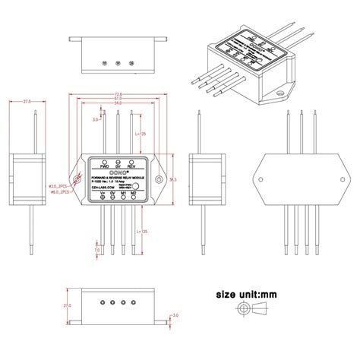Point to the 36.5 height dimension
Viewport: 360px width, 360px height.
(x=172, y=179)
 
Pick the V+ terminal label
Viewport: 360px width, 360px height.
(x=102, y=194)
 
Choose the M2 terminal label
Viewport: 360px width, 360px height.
(x=134, y=194)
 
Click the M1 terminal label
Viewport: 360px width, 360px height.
(x=123, y=194)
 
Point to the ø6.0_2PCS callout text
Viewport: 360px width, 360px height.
(x=58, y=192)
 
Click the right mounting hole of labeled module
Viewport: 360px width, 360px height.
(x=159, y=180)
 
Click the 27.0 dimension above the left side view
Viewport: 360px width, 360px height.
(x=27, y=100)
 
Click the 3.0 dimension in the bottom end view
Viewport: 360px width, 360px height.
(x=174, y=314)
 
